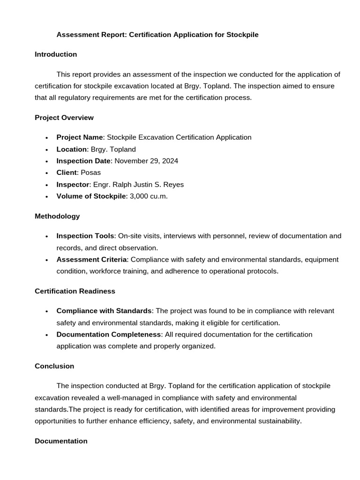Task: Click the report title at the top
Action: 157,35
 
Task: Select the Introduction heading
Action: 56,54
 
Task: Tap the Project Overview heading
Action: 64,118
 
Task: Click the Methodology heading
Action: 57,216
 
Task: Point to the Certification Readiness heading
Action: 75,291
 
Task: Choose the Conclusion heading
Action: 54,366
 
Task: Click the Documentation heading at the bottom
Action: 61,441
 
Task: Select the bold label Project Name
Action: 80,137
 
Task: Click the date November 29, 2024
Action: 146,161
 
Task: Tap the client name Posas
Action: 90,172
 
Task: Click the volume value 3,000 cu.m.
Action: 149,196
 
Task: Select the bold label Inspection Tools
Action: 85,236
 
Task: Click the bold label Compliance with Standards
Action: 104,311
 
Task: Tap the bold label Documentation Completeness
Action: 109,334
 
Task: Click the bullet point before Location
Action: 47,150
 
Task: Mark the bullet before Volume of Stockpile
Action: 47,197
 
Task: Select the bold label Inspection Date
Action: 83,161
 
